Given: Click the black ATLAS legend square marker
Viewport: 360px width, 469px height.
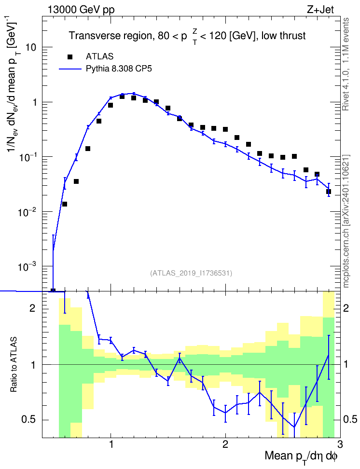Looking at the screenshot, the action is (70, 56).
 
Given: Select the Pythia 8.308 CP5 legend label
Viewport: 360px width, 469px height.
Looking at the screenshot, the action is (119, 69).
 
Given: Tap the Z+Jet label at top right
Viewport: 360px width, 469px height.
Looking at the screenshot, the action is (320, 10).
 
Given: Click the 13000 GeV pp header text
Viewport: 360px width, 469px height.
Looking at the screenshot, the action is (81, 10).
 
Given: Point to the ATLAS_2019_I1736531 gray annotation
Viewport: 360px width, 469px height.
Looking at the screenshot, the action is (191, 273).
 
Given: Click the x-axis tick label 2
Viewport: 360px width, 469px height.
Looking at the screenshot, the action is (225, 444).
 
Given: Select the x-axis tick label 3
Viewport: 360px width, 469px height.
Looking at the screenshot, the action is (340, 444).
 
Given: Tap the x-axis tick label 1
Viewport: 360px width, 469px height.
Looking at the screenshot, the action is (111, 444).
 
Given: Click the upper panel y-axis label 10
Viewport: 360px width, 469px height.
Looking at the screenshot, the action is (31, 48).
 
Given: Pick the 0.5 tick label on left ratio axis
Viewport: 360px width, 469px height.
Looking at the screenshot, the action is (28, 419).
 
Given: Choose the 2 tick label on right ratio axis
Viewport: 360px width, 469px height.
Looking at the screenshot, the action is (346, 308).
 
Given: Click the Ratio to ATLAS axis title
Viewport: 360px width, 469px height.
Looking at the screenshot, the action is (14, 365).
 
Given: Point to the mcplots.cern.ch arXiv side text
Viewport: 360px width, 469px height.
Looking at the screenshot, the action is (346, 221).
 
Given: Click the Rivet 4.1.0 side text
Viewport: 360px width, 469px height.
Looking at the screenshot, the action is (346, 64).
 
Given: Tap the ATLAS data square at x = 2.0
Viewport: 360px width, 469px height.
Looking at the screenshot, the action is (225, 129).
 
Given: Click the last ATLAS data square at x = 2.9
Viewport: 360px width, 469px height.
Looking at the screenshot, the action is (329, 192).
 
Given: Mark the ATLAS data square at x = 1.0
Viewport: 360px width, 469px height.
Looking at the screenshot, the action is (111, 105).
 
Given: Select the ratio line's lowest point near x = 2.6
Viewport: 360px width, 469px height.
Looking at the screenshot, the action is (294, 427).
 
